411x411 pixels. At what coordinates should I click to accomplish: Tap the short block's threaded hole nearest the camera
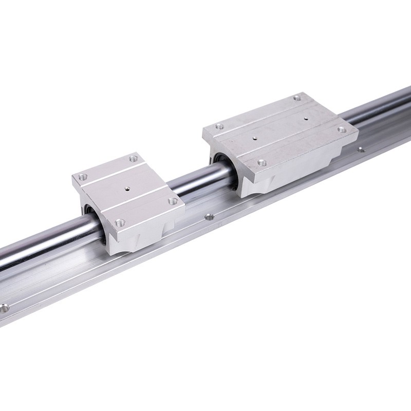[120, 222]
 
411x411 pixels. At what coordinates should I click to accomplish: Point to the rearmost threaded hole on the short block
[134, 158]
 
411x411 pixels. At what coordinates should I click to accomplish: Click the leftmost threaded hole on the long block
[219, 126]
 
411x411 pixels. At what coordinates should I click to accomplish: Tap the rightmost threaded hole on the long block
[341, 129]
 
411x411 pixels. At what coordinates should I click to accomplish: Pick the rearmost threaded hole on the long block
[296, 97]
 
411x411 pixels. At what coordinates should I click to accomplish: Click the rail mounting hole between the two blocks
[209, 217]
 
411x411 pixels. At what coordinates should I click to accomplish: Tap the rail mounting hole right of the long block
[361, 150]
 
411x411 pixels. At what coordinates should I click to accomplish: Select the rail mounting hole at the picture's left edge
[5, 309]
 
